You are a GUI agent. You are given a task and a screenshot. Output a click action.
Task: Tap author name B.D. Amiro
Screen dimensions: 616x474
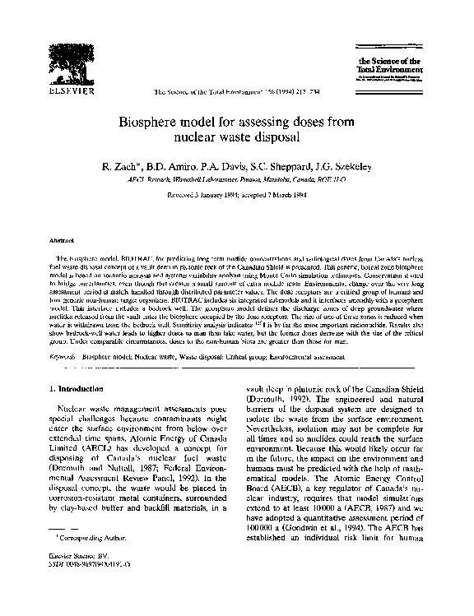coord(173,164)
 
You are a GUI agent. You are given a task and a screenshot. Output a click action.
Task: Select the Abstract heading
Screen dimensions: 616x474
coord(62,241)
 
